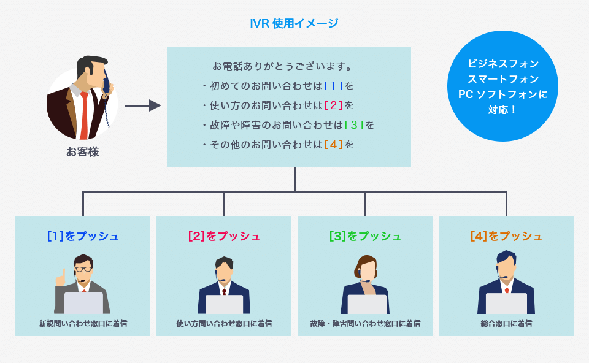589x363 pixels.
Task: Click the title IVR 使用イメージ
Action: coord(294,24)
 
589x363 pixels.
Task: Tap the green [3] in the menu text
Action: coord(354,125)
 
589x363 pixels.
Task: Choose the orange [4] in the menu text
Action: coord(333,145)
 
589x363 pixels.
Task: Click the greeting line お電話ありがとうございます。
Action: coord(282,66)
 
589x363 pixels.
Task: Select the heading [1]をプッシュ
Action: coord(83,236)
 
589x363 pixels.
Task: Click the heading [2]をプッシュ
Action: coord(224,236)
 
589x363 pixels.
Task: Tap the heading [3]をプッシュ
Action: coord(365,236)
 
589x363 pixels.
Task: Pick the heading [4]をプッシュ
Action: coord(506,236)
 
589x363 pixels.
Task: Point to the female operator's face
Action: coord(367,270)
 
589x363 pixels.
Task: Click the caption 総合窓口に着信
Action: coord(506,323)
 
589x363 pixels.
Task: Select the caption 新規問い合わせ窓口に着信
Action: coord(83,323)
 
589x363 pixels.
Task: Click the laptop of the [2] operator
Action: coord(224,304)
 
